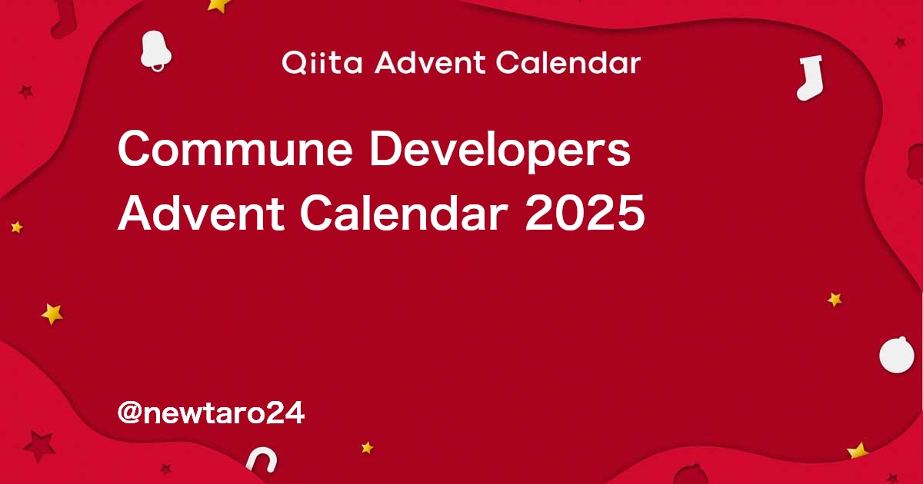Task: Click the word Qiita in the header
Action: click(x=322, y=63)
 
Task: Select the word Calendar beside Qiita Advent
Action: click(x=568, y=62)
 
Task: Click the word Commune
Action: click(x=235, y=149)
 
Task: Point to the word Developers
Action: click(x=500, y=151)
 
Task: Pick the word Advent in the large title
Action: click(x=201, y=214)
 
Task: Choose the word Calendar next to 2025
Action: click(x=403, y=214)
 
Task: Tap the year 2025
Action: click(x=585, y=214)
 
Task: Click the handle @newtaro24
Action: click(x=211, y=413)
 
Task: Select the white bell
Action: click(x=155, y=50)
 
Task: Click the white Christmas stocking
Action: click(x=810, y=78)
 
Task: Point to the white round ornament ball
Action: click(x=897, y=355)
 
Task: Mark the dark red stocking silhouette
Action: click(x=64, y=19)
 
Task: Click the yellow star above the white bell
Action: click(x=218, y=5)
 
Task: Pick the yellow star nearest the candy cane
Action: click(x=367, y=447)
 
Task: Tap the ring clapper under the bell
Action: click(x=158, y=67)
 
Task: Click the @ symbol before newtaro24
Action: click(x=130, y=413)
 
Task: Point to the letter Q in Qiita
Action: click(x=294, y=63)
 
